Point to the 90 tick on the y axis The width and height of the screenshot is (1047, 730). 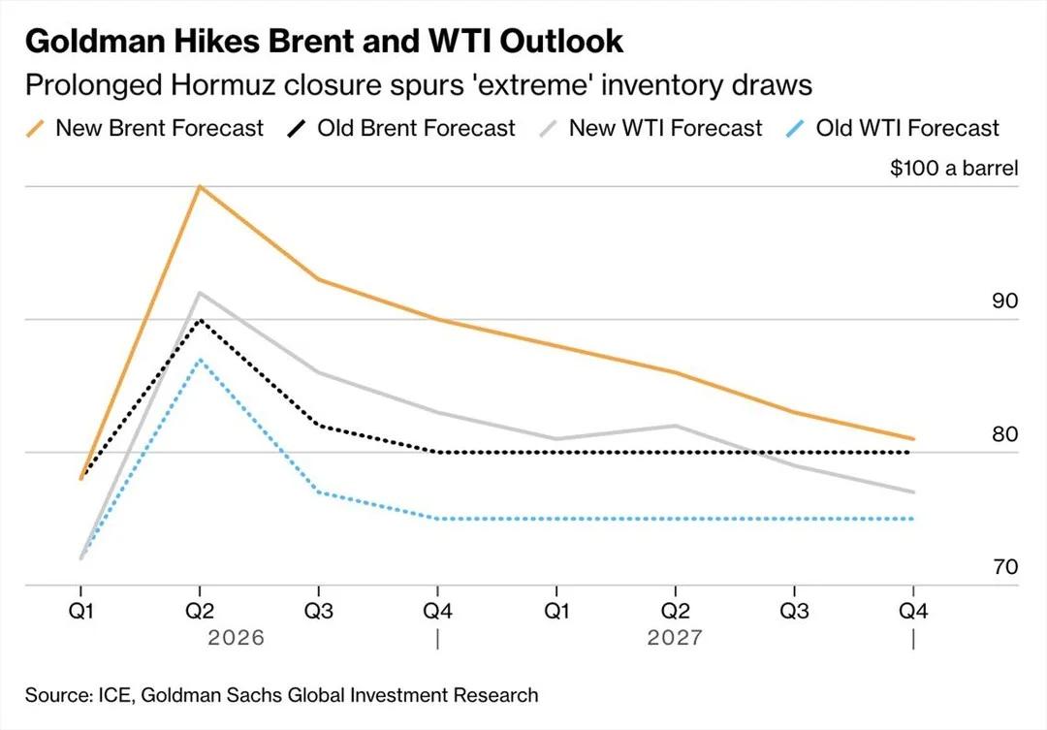pyautogui.click(x=1004, y=301)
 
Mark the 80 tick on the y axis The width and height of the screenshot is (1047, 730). pyautogui.click(x=1004, y=433)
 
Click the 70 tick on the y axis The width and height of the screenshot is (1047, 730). pyautogui.click(x=1004, y=566)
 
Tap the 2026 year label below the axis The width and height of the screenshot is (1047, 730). pyautogui.click(x=237, y=639)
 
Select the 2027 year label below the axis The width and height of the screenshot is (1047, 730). pyautogui.click(x=675, y=639)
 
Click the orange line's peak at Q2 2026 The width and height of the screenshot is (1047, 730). pyautogui.click(x=200, y=186)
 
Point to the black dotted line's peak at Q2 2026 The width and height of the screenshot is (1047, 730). pyautogui.click(x=200, y=320)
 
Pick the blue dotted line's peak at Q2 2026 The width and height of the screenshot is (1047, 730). pyautogui.click(x=200, y=360)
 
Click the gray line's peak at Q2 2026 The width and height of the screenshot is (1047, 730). pyautogui.click(x=200, y=293)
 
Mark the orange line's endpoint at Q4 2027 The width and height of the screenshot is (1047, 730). pyautogui.click(x=913, y=439)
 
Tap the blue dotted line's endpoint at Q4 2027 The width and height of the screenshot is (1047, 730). pyautogui.click(x=913, y=519)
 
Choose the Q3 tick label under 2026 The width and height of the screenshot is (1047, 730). pyautogui.click(x=318, y=613)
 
